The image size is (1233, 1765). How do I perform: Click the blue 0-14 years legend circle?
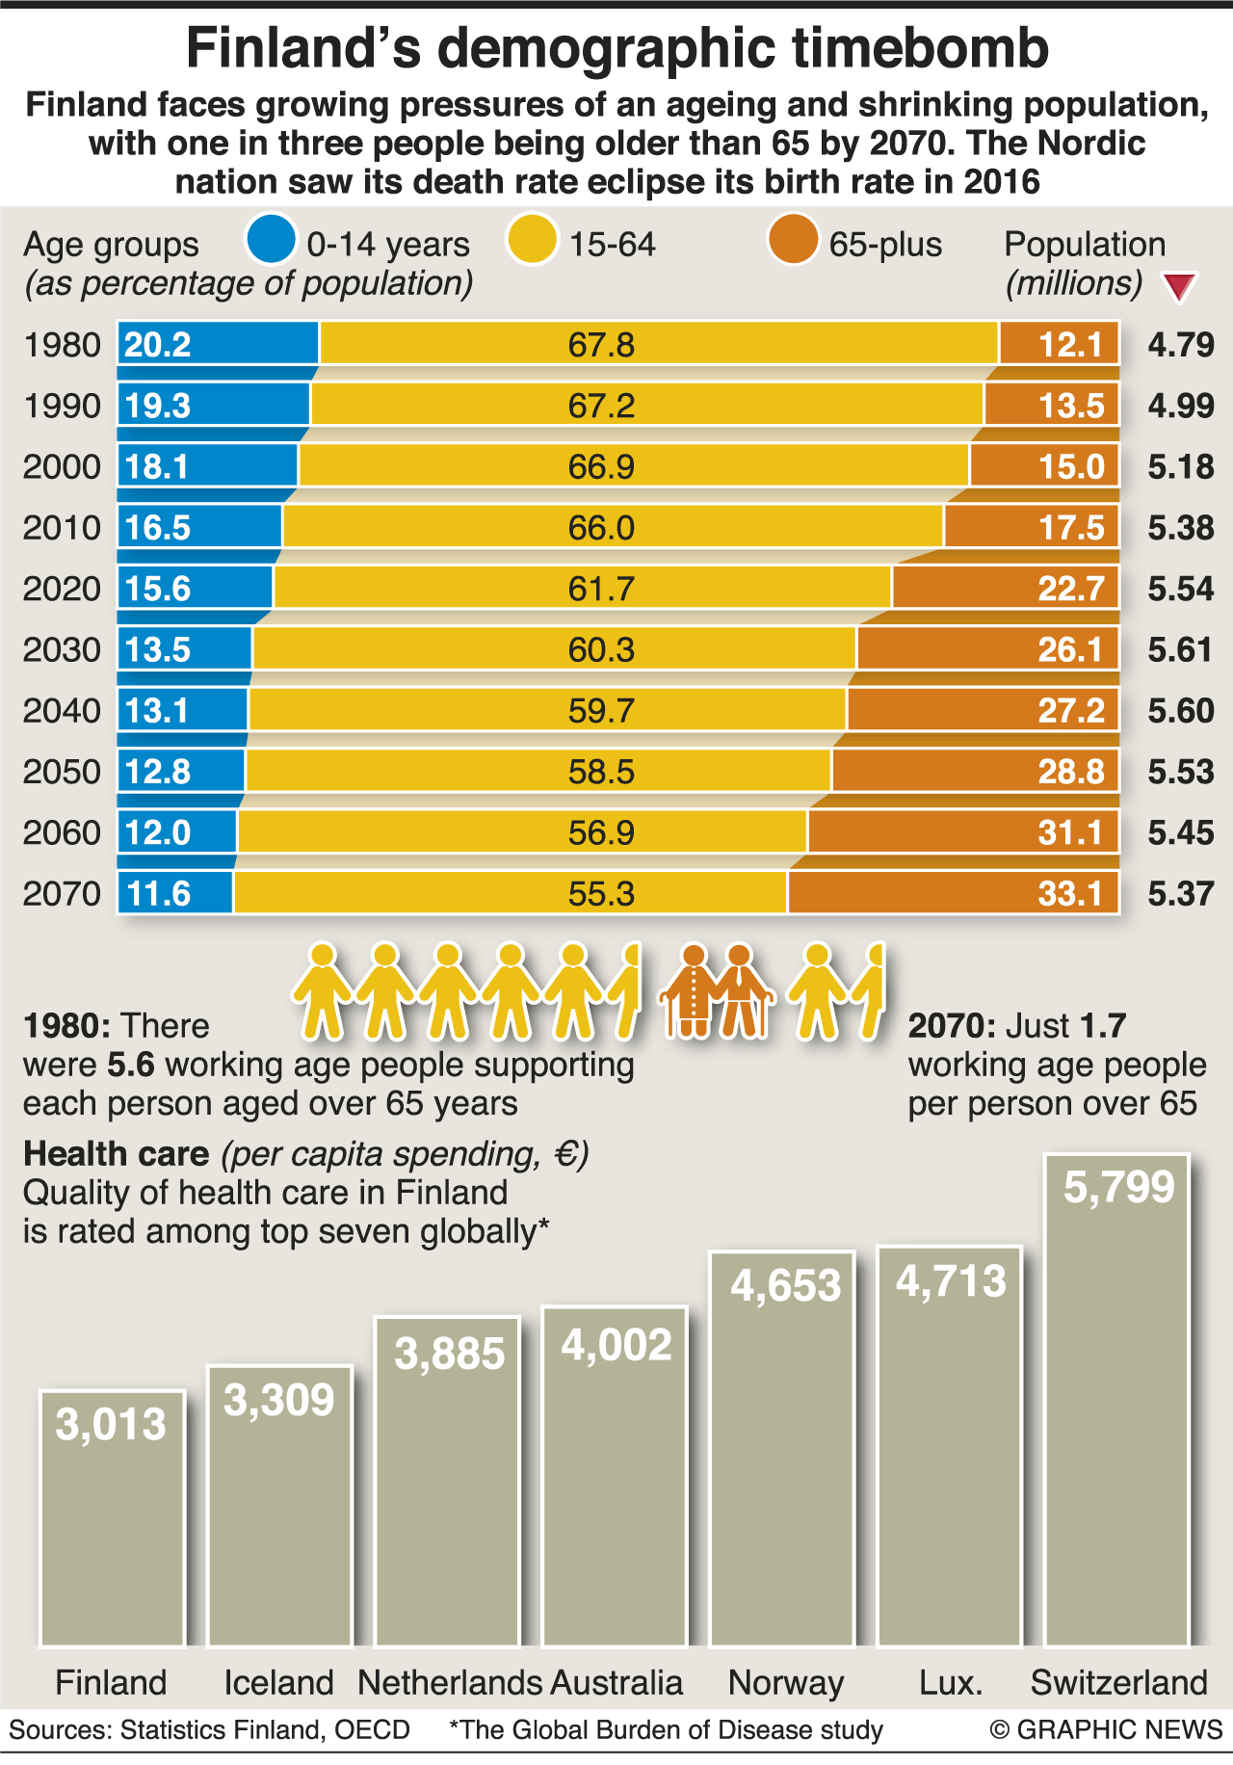[271, 240]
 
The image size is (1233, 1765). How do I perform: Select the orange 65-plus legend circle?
[793, 240]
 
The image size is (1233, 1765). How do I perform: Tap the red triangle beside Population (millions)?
[1179, 287]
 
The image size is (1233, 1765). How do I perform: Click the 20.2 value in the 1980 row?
[158, 345]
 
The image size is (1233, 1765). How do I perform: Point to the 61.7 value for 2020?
[601, 589]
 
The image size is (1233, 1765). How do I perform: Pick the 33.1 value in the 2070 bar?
[1070, 894]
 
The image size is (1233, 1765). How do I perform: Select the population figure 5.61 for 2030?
[1180, 650]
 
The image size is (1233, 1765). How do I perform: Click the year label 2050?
[62, 772]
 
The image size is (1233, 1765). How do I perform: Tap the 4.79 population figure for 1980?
[1180, 345]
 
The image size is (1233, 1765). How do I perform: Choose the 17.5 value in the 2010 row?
[1070, 528]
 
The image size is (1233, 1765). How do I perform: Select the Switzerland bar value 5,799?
[1118, 1188]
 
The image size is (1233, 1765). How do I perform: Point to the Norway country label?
[785, 1683]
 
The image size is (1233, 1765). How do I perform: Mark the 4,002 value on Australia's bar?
[616, 1346]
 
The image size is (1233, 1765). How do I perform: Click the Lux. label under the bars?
[951, 1683]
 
